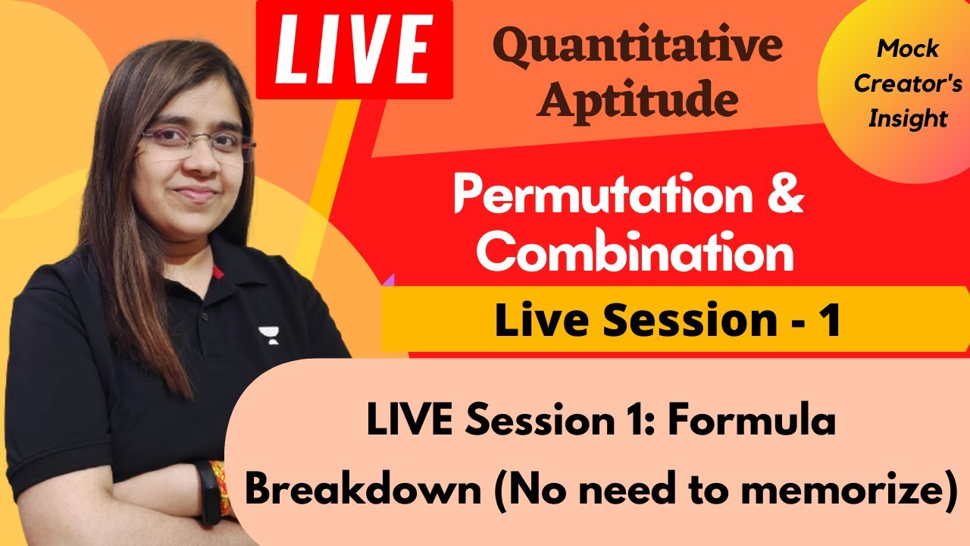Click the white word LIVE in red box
click(x=354, y=49)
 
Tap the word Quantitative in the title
click(x=641, y=47)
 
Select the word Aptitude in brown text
click(x=637, y=100)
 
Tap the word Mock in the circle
click(x=908, y=49)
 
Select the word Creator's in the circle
click(x=908, y=83)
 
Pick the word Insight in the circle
click(x=908, y=118)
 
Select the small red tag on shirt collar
click(x=217, y=271)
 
